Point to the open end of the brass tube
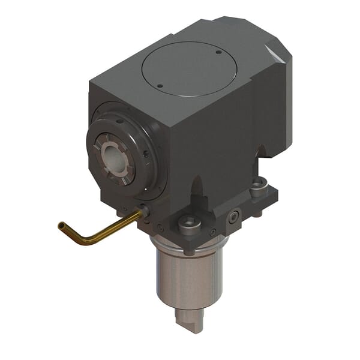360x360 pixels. [61, 225]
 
